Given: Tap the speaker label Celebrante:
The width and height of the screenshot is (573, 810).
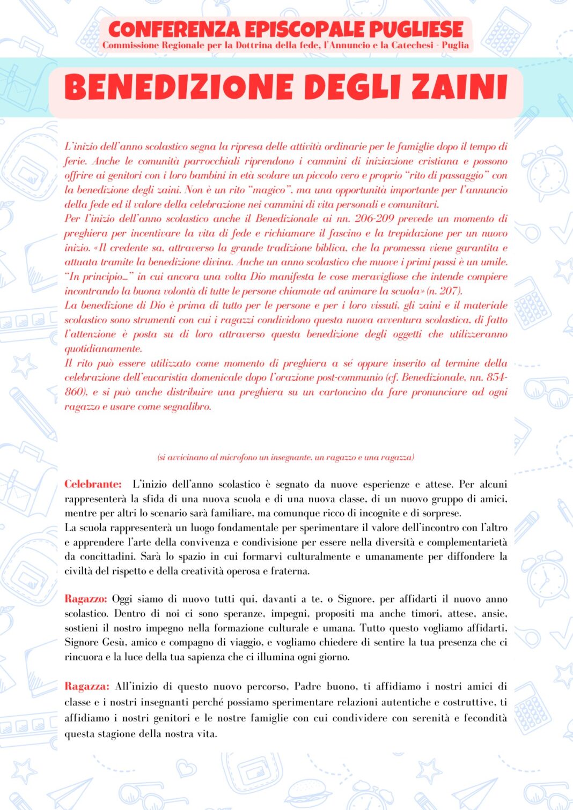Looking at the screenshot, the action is [93, 484].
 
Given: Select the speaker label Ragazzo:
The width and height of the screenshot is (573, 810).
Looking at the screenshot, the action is [86, 599].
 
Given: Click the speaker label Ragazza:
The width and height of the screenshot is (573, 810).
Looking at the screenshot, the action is [87, 686].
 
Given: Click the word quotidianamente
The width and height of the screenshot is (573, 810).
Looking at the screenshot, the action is [103, 348].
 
